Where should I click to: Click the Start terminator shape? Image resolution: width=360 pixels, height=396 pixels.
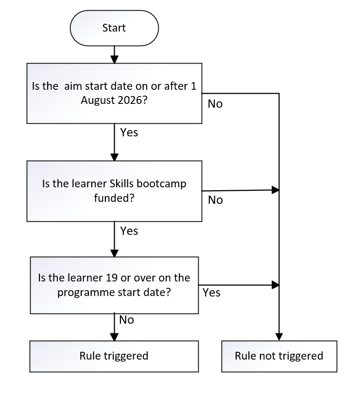tap(114, 28)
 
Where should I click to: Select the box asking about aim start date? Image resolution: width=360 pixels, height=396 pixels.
tap(114, 93)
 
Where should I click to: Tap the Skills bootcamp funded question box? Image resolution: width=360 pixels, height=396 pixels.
tap(114, 191)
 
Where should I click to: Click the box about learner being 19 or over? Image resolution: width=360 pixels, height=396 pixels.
tap(114, 285)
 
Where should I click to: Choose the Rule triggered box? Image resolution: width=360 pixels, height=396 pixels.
tap(114, 356)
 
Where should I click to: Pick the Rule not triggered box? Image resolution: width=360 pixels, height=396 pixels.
tap(279, 356)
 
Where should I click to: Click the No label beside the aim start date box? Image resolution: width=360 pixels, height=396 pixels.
tap(215, 104)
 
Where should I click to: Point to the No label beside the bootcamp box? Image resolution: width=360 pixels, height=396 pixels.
tap(215, 200)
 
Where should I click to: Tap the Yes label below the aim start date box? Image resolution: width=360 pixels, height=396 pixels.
tap(129, 132)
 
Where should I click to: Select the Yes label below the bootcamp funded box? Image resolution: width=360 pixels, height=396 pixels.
tap(129, 231)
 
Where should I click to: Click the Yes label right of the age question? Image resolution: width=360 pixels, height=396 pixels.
tap(211, 293)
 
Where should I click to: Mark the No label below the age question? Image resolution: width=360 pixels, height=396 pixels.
tap(126, 320)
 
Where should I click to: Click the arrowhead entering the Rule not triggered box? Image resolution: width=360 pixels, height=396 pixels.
tap(279, 337)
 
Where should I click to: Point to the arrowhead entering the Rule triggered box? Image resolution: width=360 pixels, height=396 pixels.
tap(114, 337)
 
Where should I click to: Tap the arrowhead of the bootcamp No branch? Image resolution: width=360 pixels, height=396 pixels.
tap(275, 190)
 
